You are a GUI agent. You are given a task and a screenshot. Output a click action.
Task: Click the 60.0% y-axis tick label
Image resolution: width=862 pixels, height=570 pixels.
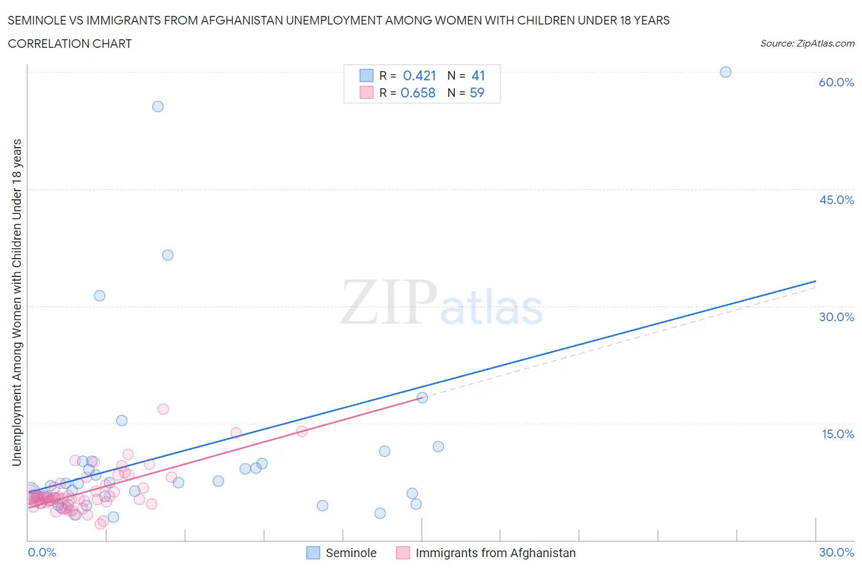836,82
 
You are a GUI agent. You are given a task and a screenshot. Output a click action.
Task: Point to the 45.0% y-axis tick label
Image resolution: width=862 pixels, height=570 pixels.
836,200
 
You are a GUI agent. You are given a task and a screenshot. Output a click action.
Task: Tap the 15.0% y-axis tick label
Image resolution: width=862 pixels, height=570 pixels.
837,434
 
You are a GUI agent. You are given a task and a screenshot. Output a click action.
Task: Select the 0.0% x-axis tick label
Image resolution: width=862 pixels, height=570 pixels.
42,552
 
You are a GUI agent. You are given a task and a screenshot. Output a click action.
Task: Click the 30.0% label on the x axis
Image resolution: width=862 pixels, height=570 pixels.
836,552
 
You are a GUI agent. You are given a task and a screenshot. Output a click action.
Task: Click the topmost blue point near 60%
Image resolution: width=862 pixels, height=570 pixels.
725,72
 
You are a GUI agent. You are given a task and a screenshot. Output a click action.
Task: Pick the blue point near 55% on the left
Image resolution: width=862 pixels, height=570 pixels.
158,107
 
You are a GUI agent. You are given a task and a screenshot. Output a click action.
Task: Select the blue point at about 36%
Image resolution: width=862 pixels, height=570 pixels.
167,255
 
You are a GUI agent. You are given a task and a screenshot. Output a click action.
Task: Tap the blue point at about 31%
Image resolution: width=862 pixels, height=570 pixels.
99,295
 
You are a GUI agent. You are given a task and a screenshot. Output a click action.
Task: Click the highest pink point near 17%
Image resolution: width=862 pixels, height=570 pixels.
163,409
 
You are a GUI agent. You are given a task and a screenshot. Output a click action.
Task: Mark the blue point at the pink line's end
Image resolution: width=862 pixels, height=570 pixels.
422,397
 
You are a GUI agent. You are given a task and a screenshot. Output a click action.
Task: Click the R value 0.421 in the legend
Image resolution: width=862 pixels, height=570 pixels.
419,75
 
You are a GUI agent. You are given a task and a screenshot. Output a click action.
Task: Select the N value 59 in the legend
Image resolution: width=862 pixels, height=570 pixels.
477,93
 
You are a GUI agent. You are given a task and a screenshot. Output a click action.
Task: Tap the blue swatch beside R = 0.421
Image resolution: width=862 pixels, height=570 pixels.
366,75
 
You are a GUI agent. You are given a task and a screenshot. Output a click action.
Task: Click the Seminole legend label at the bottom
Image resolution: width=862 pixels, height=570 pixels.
351,553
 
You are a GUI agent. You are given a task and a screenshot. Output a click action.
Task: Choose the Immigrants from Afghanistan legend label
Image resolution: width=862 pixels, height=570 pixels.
495,553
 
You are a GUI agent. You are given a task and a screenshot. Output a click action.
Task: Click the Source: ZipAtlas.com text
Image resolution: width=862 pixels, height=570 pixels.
807,44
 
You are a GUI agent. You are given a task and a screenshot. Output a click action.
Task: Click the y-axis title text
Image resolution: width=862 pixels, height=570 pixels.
17,302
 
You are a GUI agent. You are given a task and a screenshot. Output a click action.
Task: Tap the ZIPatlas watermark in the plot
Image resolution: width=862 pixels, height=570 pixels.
441,302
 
